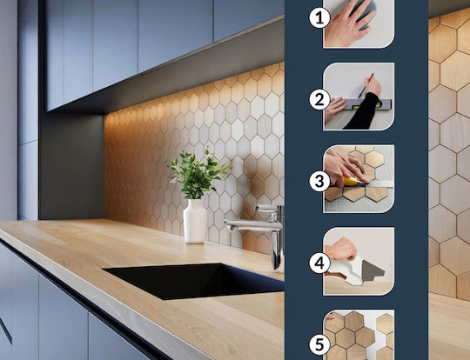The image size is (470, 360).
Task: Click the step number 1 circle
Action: [319, 17]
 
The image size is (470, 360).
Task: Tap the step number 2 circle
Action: [319, 99]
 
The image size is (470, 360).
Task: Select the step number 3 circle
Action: [319, 181]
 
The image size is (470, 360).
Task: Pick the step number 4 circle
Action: [319, 263]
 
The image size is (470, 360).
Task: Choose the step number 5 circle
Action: [319, 344]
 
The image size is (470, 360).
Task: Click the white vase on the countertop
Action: [195, 221]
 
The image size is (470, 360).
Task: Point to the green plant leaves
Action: [198, 174]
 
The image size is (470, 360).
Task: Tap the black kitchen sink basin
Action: [195, 281]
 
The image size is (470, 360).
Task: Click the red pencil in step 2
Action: [366, 86]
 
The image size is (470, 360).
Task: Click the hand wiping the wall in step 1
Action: [345, 25]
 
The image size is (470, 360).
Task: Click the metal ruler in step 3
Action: [379, 183]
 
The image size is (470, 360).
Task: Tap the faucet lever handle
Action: [266, 207]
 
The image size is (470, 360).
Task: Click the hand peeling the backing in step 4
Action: [340, 249]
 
